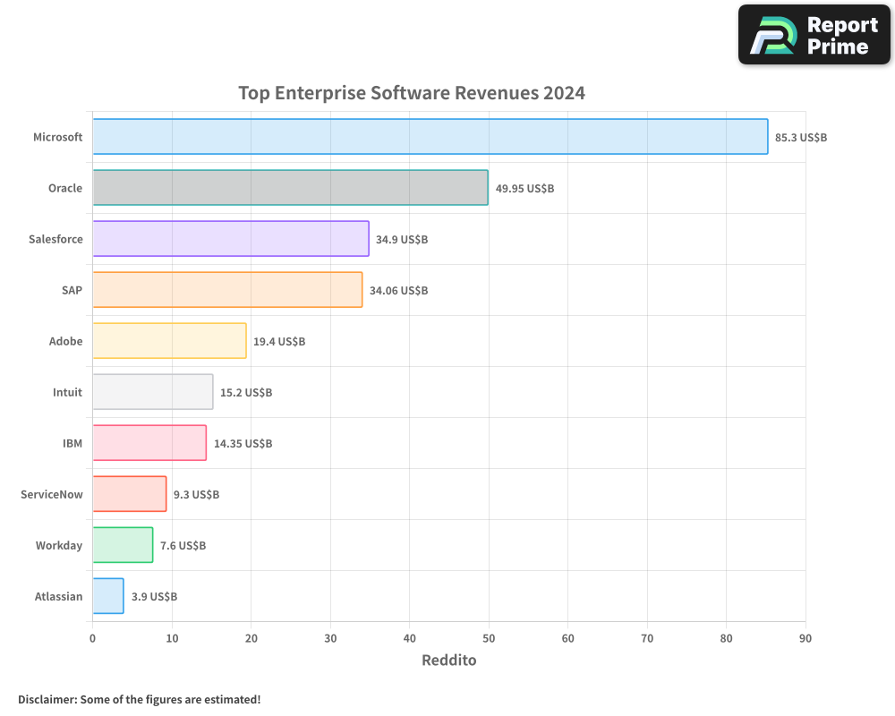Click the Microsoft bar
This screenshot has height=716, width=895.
tap(430, 137)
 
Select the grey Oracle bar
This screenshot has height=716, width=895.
tap(290, 188)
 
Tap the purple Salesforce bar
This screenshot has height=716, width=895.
tap(230, 239)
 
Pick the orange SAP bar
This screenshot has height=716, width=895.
tap(227, 290)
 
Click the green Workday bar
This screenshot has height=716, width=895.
tap(123, 545)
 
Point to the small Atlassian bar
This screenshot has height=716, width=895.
tap(108, 596)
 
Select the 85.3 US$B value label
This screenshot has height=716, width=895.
tap(801, 138)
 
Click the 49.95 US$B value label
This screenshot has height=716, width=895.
tap(524, 189)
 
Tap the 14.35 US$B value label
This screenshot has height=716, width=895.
tap(243, 444)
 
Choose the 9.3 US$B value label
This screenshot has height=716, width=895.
tap(196, 495)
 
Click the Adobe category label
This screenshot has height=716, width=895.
tap(65, 341)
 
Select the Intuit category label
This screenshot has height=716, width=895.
tap(67, 392)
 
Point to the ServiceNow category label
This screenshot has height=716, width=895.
tap(51, 494)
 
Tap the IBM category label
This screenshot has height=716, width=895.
tap(72, 443)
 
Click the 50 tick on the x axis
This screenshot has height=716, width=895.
tap(489, 638)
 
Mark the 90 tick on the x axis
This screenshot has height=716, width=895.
tap(805, 638)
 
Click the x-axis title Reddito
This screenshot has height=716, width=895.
tap(448, 661)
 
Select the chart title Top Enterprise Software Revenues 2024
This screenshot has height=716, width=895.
tap(412, 93)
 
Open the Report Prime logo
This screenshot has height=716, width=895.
tap(814, 35)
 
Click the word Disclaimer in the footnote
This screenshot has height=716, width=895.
tap(46, 699)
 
